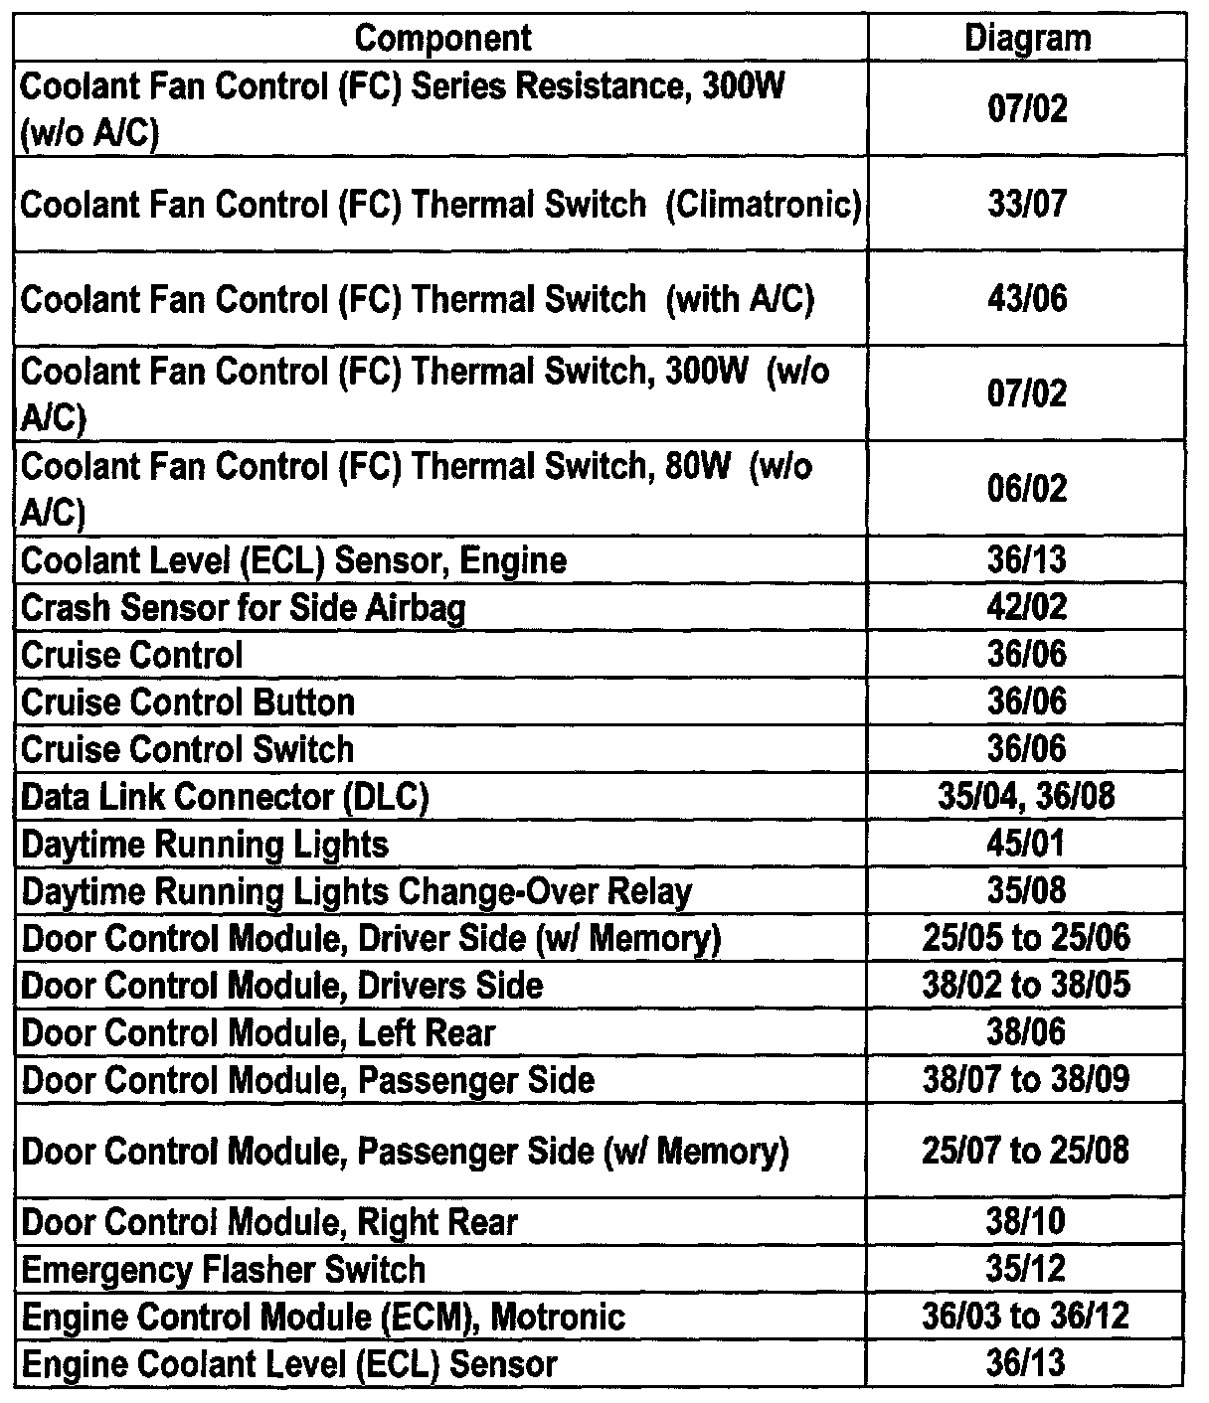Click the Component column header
pos(442,39)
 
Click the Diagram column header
pos(1027,39)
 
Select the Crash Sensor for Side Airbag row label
pos(243,607)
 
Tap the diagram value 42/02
pos(1027,607)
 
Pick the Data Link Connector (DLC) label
pos(225,797)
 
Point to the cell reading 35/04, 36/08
pos(1027,797)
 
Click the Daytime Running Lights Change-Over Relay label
pos(356,891)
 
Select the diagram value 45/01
pos(1027,844)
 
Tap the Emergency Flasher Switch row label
pos(223,1270)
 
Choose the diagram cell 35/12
pos(1027,1269)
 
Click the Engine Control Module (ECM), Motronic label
pos(323,1318)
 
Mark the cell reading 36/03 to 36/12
pos(1027,1317)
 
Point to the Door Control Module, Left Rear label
pos(258,1033)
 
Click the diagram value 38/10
pos(1027,1221)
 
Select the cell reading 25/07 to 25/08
pos(1027,1151)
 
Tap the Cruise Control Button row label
pos(187,702)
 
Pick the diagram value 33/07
pos(1027,204)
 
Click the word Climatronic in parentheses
pos(763,205)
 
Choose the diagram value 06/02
pos(1027,489)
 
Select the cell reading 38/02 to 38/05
pos(1027,986)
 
